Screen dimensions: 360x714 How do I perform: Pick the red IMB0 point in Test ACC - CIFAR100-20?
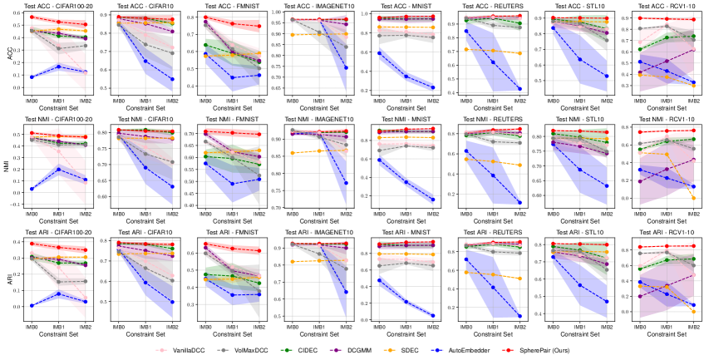click(x=31, y=17)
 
